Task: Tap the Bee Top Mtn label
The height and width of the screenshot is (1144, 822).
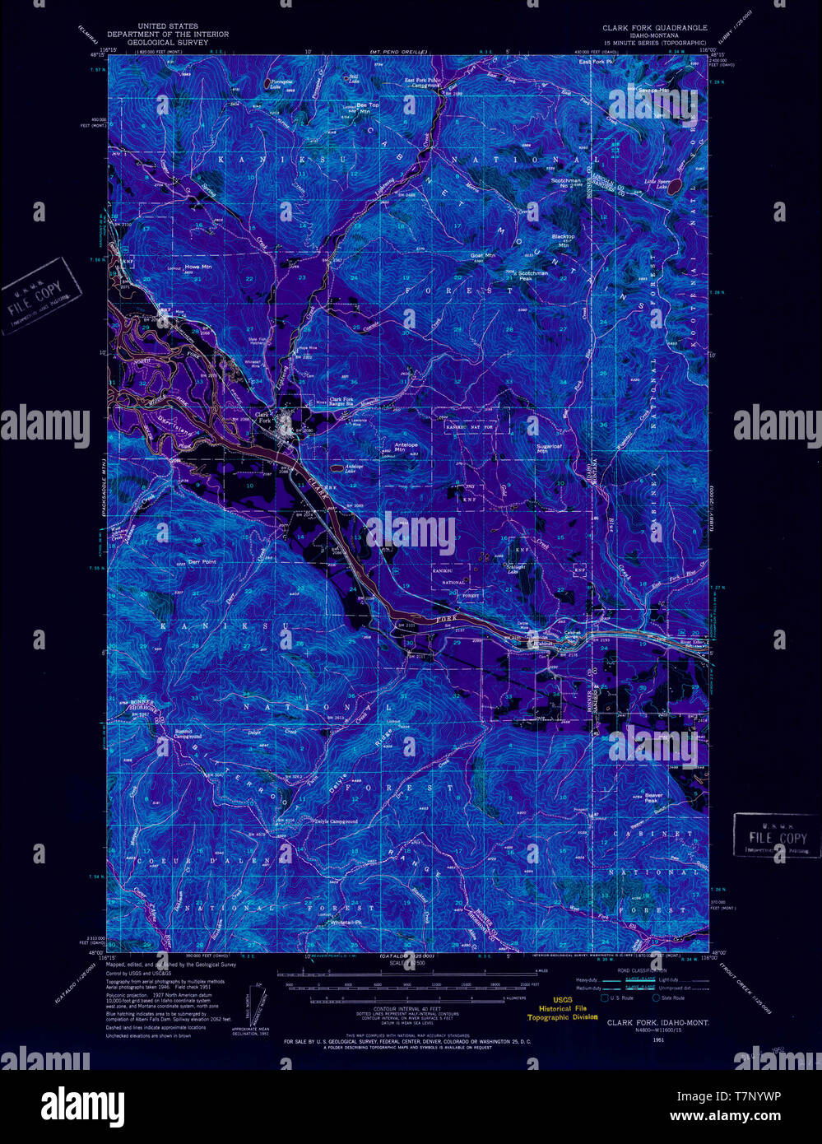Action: tap(368, 108)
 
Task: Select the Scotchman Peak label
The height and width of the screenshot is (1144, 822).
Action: tap(532, 276)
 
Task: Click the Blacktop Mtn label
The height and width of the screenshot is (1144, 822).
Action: tap(564, 240)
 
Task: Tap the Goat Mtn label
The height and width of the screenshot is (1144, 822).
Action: tap(483, 256)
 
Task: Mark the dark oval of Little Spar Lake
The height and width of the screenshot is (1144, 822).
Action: tap(675, 188)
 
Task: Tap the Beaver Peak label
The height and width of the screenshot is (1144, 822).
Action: tap(654, 798)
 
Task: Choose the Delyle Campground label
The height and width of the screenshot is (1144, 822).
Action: tap(337, 821)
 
